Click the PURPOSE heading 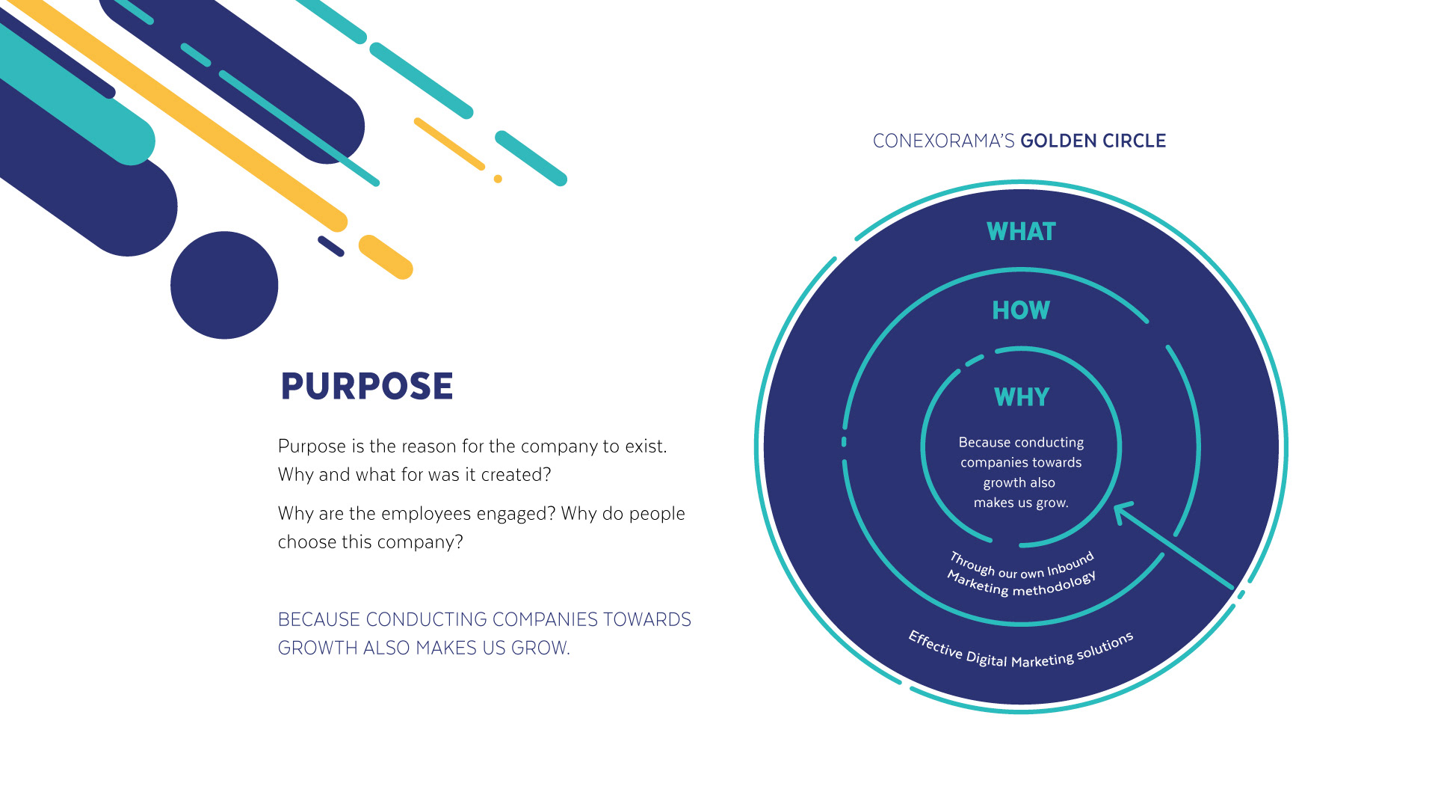coord(366,387)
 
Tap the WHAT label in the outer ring coord(1021,232)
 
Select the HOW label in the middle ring coord(1021,310)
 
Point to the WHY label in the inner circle coord(1022,397)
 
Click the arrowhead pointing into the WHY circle coord(1121,512)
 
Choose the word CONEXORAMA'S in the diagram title coord(943,141)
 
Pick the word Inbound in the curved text coord(1071,565)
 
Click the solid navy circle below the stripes coord(224,285)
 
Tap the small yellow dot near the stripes coord(498,179)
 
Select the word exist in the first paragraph coord(645,447)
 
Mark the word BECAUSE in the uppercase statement coord(319,620)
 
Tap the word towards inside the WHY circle coord(1057,463)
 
